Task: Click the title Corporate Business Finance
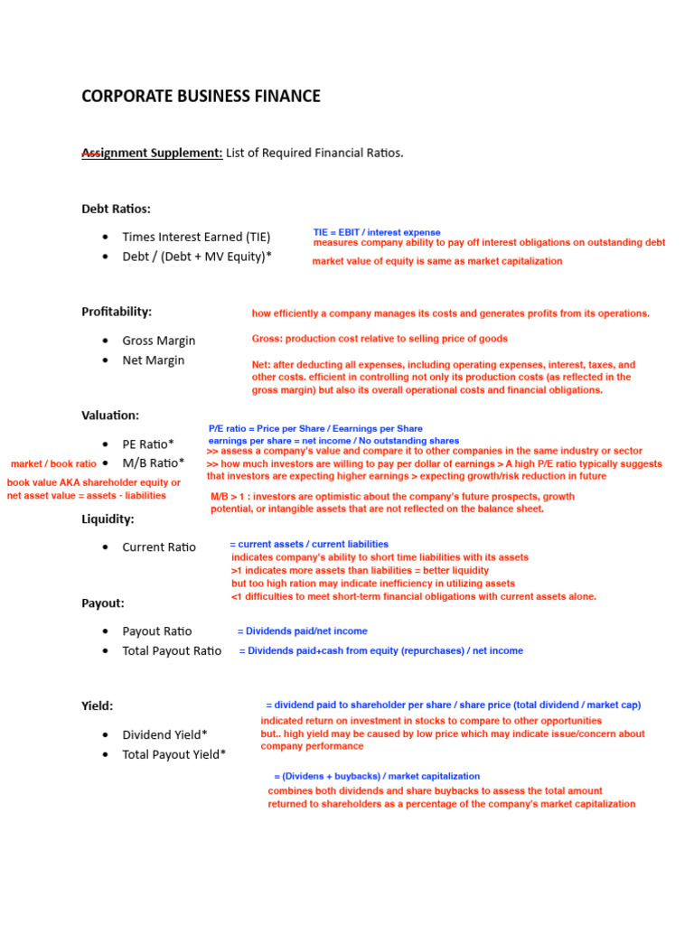coord(201,96)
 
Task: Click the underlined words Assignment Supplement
coord(152,153)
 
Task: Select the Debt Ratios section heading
coord(117,209)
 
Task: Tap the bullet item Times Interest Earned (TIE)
coord(196,237)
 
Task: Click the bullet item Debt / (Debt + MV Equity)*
coord(197,257)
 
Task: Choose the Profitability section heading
coord(117,312)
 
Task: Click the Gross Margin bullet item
coord(159,341)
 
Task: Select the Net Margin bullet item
coord(154,360)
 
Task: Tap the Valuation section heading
coord(110,416)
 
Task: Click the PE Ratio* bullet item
coord(148,444)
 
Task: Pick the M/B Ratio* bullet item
coord(153,463)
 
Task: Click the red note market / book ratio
coord(53,463)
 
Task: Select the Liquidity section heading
coord(108,519)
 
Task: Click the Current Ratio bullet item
coord(159,547)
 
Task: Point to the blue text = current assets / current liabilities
coord(309,544)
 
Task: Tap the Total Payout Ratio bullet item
coord(172,651)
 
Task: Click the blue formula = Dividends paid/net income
coord(302,631)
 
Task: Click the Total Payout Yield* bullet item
coord(174,755)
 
